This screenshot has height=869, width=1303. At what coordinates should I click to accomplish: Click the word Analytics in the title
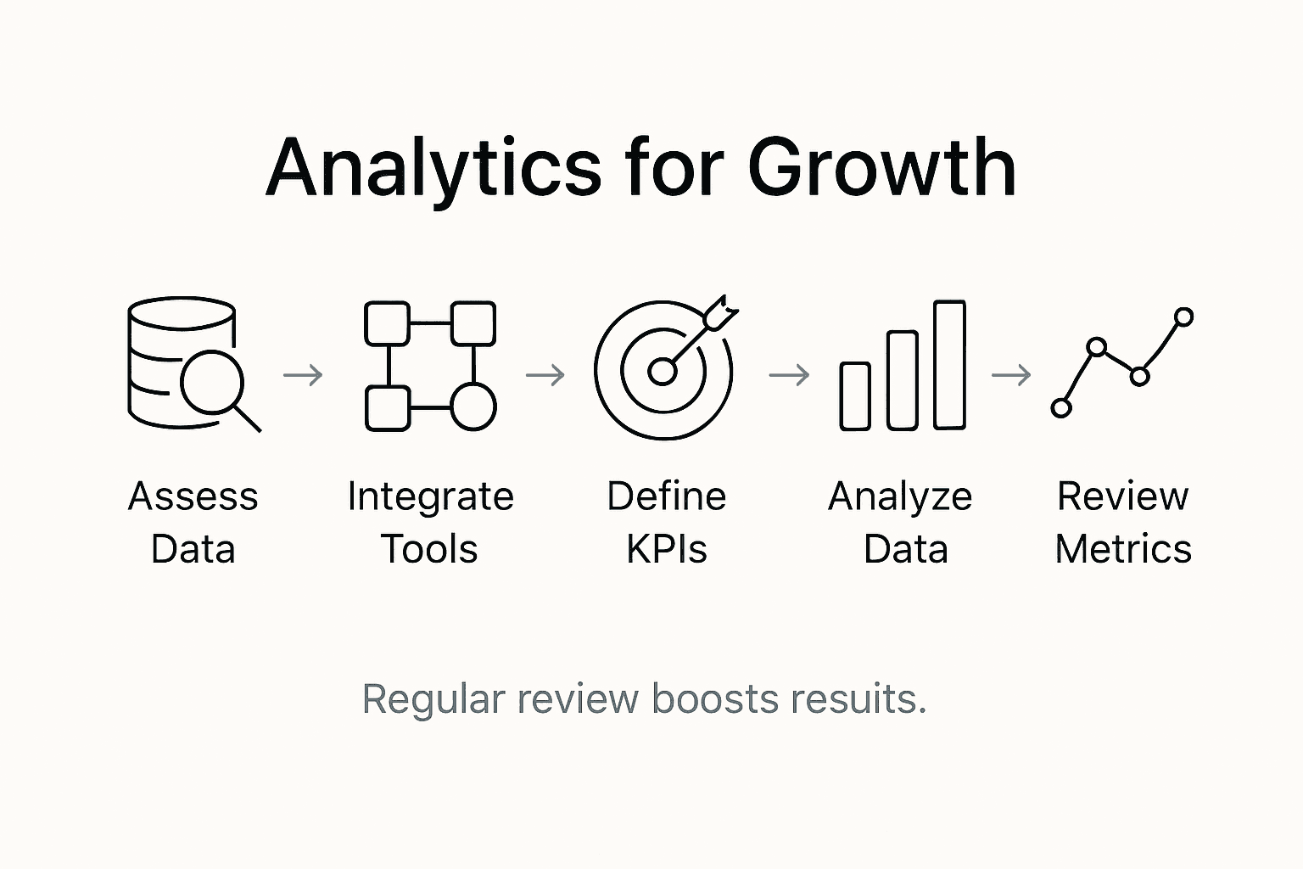tap(433, 169)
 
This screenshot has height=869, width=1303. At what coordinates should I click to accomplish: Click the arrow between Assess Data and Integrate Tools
tap(303, 375)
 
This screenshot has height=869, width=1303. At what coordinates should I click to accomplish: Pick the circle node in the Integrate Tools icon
tap(473, 406)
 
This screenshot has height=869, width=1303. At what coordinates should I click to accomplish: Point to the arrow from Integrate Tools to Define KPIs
tap(545, 375)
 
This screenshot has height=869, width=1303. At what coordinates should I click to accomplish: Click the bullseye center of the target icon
tap(662, 372)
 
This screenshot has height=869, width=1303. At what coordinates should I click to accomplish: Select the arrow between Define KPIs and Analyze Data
tap(790, 375)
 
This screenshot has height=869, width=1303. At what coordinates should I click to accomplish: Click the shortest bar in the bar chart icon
tap(855, 396)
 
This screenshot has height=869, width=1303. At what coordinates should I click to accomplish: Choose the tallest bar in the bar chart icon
tap(950, 365)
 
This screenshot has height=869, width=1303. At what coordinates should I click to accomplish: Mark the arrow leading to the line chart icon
tap(1011, 375)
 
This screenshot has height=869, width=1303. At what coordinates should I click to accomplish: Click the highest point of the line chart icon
tap(1183, 317)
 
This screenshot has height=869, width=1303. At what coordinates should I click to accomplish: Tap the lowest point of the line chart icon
tap(1061, 408)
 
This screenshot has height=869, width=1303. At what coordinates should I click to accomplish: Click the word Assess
tap(193, 496)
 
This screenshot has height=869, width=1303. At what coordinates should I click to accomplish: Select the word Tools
tap(429, 549)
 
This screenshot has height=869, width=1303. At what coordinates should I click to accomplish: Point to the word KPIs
tap(667, 549)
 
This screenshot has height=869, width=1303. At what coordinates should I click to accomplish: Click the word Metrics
tap(1123, 549)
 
